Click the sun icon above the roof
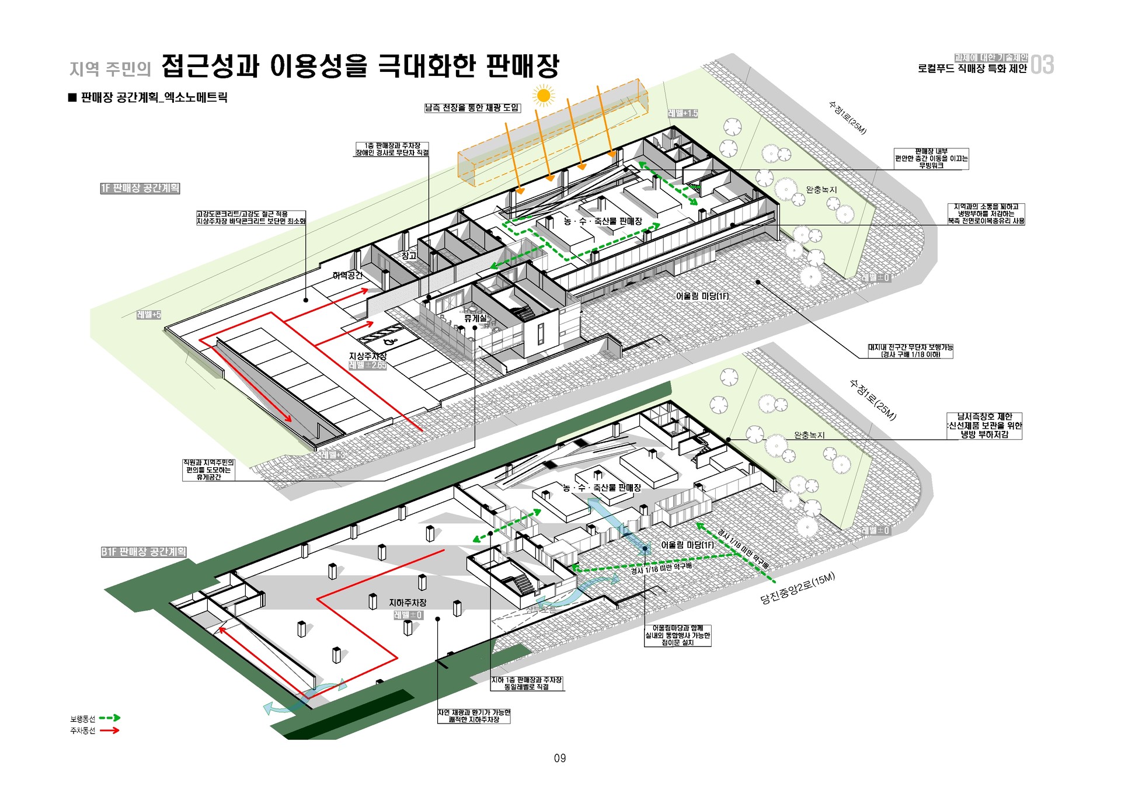coord(544,95)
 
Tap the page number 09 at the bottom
coord(560,758)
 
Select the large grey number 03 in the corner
coord(1042,65)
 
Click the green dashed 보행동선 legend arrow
coord(110,718)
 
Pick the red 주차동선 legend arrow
coord(110,730)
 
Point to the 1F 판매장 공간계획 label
coord(140,188)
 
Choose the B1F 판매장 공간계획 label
coord(144,552)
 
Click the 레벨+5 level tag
coord(149,315)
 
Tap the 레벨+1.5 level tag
coord(683,113)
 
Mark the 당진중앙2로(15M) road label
coord(798,589)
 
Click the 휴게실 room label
coord(475,318)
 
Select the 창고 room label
coord(409,256)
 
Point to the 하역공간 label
coord(347,276)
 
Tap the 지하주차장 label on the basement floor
coord(408,602)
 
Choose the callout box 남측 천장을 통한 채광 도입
coord(472,107)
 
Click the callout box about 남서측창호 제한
coord(984,426)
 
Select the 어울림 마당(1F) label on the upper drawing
coord(702,296)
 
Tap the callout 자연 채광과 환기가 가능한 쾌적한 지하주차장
coord(474,716)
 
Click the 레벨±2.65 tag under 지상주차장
coord(368,366)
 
